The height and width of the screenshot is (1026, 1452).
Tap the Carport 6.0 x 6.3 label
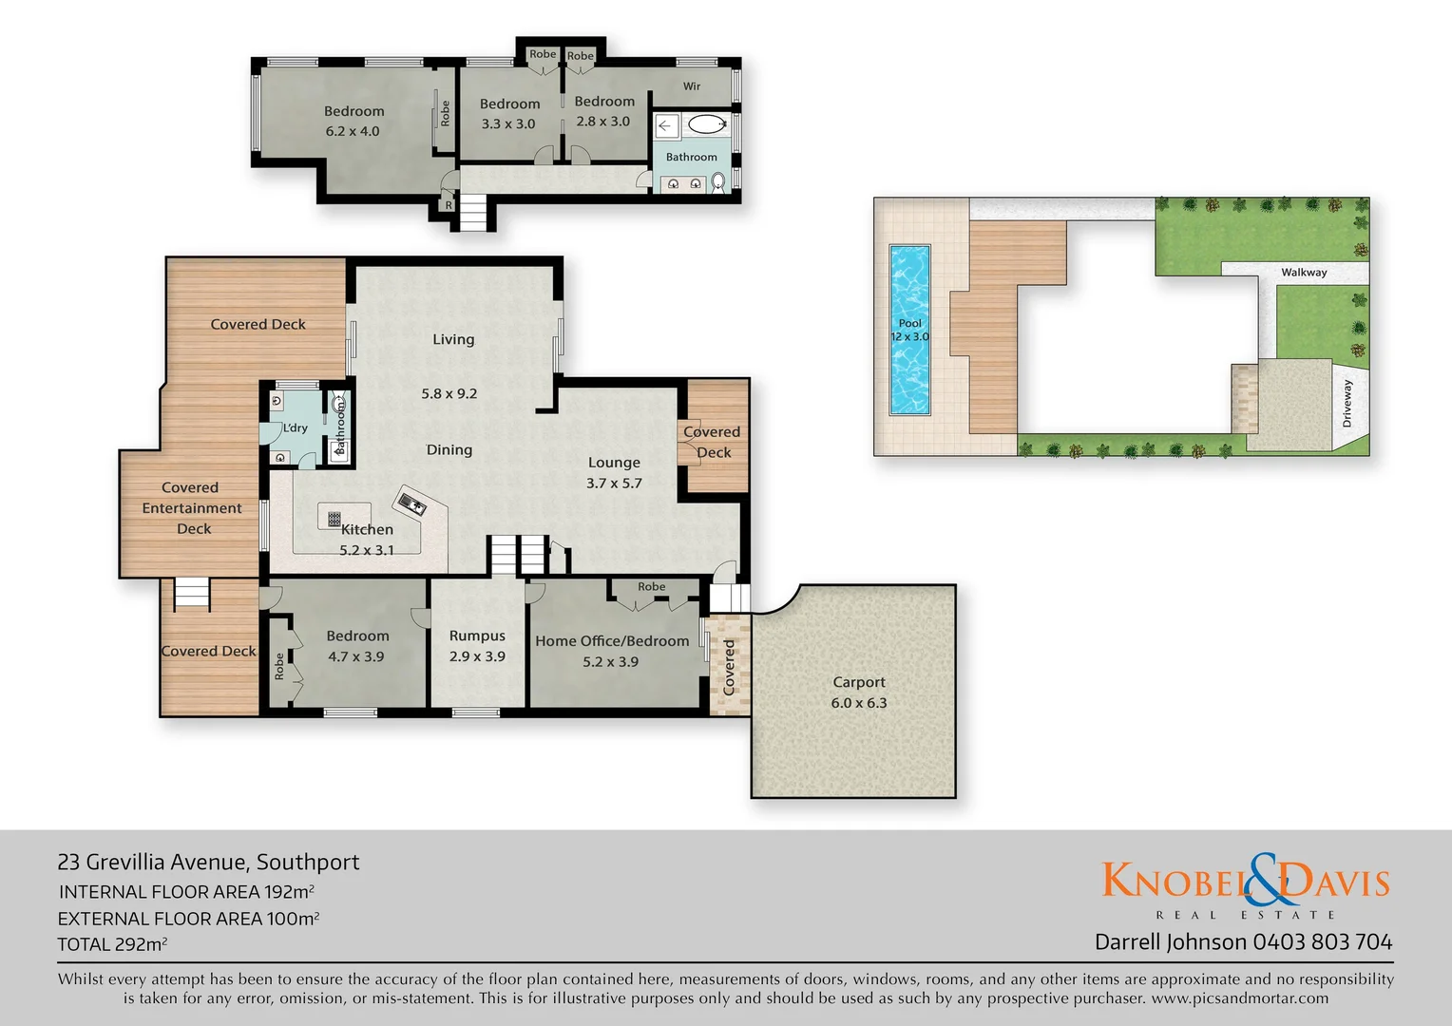coord(859,693)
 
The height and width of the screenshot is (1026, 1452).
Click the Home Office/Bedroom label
coord(612,641)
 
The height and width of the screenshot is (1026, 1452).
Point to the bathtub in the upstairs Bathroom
coord(705,123)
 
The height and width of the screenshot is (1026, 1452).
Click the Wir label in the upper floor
coord(692,86)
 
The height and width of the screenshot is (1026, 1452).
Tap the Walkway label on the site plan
coord(1304,273)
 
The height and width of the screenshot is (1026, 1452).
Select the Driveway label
coord(1347,403)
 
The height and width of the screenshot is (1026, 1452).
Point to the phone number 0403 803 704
coord(1323,942)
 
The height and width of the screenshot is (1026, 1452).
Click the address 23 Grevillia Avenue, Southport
coord(208,863)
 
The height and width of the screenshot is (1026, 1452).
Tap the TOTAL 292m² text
coord(112,944)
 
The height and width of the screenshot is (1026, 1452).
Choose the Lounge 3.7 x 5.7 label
coord(614,472)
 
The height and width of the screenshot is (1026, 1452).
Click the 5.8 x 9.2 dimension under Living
coord(449,393)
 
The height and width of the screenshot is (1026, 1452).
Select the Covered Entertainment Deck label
coord(192,508)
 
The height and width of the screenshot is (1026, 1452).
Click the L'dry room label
coord(296,428)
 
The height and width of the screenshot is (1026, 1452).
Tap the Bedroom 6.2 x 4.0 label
coord(353,121)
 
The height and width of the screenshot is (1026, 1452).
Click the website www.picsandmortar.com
coord(1239,998)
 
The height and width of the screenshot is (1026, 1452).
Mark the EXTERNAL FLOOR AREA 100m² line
coord(188,919)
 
